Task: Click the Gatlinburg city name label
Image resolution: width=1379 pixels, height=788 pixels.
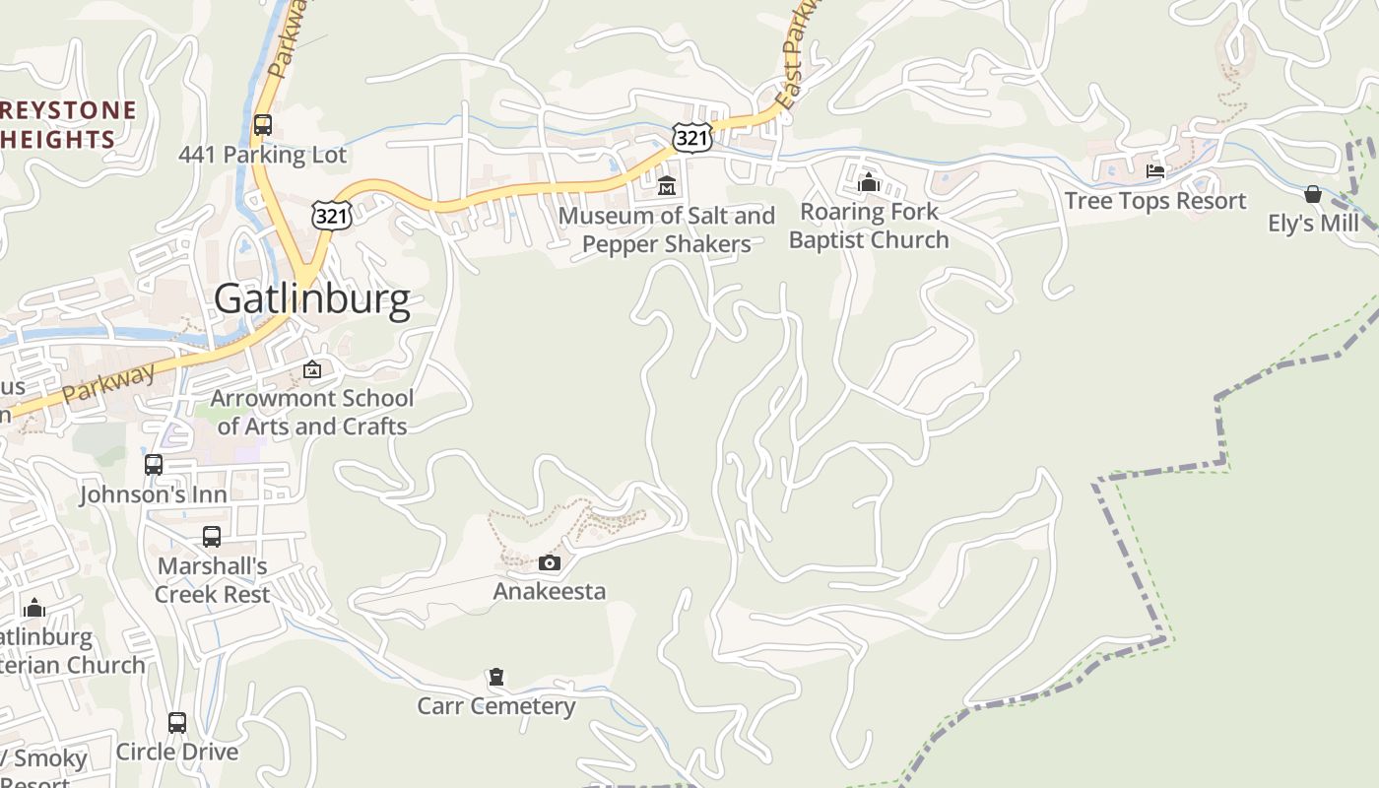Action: (311, 299)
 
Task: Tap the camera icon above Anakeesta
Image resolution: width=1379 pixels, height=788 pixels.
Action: (550, 562)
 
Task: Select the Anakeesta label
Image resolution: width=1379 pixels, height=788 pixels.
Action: (550, 591)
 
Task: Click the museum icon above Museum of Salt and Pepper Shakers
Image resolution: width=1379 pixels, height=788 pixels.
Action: (667, 184)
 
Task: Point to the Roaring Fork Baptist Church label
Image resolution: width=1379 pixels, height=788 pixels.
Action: (868, 226)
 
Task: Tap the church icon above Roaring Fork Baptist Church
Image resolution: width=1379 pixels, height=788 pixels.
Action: (868, 182)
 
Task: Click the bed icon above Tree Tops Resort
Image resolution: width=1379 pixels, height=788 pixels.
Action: (1155, 172)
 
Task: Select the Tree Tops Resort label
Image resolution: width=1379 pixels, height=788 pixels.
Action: (1155, 201)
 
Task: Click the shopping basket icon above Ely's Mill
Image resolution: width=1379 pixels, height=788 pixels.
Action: (1313, 194)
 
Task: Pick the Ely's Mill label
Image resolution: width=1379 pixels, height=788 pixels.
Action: (1313, 224)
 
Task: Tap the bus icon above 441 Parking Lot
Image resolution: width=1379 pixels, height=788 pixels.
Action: (262, 125)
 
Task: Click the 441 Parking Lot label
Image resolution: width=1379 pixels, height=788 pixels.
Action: (262, 155)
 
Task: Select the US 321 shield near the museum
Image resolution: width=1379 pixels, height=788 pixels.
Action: (692, 138)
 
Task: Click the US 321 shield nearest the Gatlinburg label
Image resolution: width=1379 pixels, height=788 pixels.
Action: (330, 215)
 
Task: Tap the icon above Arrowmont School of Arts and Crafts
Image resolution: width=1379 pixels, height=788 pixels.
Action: (312, 369)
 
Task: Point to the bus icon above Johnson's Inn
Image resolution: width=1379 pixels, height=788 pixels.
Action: (154, 465)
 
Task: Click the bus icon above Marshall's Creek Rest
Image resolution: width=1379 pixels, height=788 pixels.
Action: (212, 537)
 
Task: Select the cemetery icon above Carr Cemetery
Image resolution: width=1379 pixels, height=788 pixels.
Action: (496, 678)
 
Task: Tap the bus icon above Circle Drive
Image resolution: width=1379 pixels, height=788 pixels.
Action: (177, 723)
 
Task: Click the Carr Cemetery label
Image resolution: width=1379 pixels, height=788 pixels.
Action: (496, 706)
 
